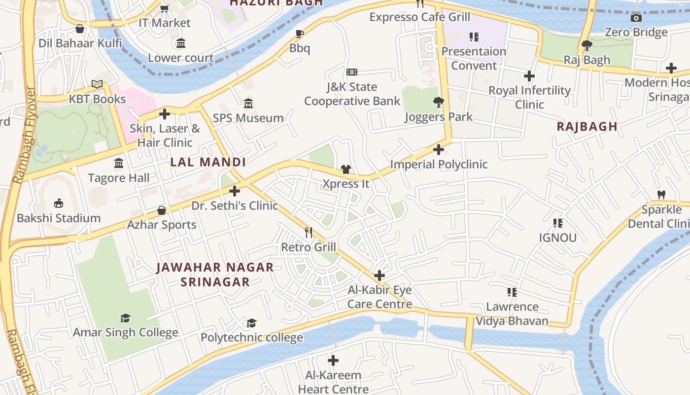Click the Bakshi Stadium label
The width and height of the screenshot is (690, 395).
59,218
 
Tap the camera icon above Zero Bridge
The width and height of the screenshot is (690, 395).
636,18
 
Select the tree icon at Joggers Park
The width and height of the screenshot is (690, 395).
438,103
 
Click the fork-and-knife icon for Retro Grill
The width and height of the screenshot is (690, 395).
309,232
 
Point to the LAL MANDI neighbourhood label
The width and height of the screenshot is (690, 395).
207,162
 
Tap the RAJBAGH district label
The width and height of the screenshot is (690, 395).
587,126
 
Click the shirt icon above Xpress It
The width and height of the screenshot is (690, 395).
346,169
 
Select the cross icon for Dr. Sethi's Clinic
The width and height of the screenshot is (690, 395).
235,191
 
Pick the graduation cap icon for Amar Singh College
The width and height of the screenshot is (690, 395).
126,318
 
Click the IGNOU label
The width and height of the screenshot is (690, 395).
557,237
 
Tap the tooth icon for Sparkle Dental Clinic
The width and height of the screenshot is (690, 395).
661,195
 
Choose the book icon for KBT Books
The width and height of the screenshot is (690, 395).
97,84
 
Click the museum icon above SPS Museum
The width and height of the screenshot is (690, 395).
248,104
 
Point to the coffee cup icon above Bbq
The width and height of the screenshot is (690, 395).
299,34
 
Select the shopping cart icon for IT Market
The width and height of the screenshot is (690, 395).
165,8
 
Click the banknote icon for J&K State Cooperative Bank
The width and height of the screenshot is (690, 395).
351,72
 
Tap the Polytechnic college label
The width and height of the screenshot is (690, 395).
251,338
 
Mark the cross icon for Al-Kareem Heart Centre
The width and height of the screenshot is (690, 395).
333,360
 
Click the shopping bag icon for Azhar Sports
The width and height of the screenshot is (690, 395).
162,210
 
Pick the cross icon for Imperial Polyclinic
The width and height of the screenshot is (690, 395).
439,150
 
